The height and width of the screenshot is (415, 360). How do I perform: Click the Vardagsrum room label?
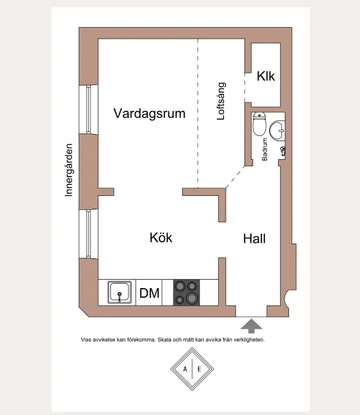(150, 113)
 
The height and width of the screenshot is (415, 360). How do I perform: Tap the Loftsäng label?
(221, 101)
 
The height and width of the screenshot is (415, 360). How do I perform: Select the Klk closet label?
(266, 76)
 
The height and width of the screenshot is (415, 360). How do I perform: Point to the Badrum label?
(265, 150)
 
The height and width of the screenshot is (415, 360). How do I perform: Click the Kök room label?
(161, 237)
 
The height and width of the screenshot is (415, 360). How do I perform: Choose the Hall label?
(254, 238)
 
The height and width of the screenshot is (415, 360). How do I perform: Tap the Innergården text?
(69, 170)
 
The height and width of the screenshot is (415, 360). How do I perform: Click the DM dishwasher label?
(150, 293)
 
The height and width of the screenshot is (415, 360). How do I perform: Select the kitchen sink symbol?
(119, 292)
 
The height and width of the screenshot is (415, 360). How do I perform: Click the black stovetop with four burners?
(186, 293)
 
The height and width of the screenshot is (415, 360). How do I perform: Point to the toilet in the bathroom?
(259, 124)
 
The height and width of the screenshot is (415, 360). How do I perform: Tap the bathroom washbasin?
(277, 130)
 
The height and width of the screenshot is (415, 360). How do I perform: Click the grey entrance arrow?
(252, 326)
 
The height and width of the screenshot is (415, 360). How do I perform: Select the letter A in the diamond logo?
(185, 369)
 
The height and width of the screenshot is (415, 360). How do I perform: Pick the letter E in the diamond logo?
(199, 369)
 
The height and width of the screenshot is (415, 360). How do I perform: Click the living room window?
(88, 110)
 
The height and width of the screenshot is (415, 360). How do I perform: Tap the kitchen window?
(88, 234)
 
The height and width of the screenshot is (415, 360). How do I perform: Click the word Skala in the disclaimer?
(165, 340)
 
